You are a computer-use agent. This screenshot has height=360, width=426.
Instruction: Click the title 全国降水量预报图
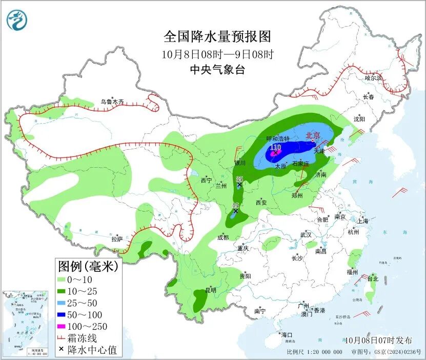(x=217, y=37)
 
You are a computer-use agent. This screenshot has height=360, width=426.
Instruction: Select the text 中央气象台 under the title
(x=217, y=70)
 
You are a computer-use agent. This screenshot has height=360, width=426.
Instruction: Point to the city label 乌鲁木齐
(x=112, y=102)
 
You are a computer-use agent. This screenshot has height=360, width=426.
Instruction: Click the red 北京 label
(x=313, y=136)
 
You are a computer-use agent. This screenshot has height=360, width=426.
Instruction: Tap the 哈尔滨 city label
(x=374, y=78)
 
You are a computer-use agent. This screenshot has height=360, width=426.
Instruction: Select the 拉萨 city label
(x=117, y=239)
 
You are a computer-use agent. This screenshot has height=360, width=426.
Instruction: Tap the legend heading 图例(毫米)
(x=88, y=266)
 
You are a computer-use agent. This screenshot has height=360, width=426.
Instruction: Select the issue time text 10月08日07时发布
(x=378, y=341)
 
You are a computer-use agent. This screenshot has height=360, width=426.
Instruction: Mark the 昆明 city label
(x=211, y=290)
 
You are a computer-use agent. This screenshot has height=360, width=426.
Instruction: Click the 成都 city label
(x=223, y=237)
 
